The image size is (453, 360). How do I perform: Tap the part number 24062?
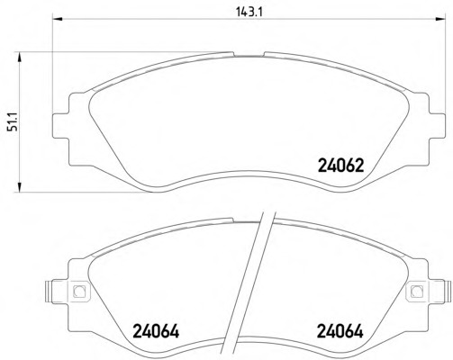click(x=340, y=166)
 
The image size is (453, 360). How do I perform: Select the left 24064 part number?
click(x=156, y=331)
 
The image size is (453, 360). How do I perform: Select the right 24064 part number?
click(x=340, y=331)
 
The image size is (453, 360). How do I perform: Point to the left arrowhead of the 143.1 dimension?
click(x=57, y=20)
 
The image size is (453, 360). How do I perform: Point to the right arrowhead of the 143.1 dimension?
click(x=440, y=20)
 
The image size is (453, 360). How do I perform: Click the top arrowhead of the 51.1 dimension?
click(x=20, y=57)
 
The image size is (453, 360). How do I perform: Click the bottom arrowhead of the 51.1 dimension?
click(x=20, y=186)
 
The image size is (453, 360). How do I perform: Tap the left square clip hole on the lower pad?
click(x=79, y=291)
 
